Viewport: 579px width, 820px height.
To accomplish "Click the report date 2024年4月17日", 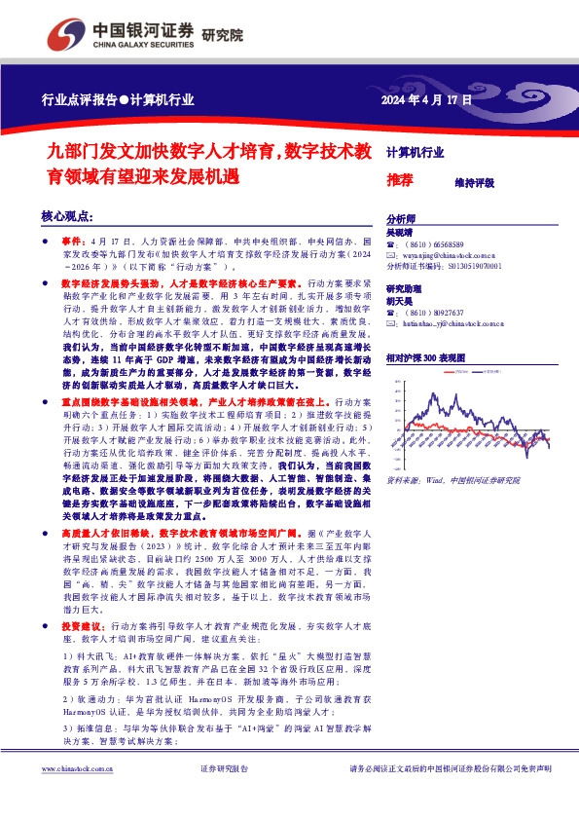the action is (425, 99).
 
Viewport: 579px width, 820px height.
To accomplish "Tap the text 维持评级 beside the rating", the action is (474, 182).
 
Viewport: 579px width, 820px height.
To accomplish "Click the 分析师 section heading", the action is (401, 219).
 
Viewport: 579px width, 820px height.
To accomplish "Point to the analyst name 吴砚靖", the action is (399, 234).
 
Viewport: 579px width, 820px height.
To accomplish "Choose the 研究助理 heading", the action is (404, 289).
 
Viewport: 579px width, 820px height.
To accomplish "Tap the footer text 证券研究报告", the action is (224, 796).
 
